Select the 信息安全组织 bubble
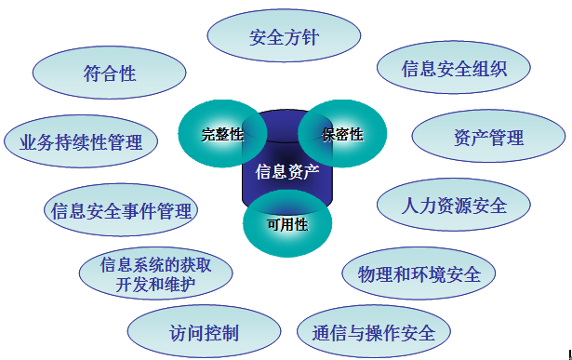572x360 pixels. coord(453,69)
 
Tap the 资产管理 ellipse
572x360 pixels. coord(488,138)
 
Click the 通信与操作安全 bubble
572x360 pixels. coord(373,332)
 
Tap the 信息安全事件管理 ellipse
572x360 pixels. coord(121,210)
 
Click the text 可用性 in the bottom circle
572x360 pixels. coord(286,224)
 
